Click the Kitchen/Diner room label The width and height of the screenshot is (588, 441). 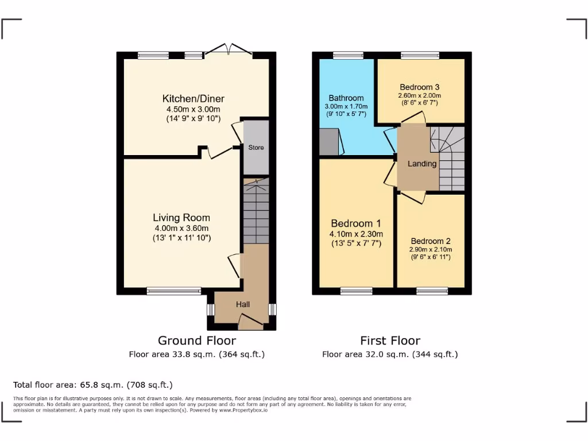coord(193,98)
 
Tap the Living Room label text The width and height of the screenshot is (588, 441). coord(181,218)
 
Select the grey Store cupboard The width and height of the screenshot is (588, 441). coord(256,148)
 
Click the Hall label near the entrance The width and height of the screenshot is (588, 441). coord(242,304)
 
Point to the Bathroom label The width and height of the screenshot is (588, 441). coord(346,98)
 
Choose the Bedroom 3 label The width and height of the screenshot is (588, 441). coord(419,87)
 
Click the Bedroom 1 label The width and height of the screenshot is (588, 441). coord(356,223)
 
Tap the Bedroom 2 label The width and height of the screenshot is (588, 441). coord(430,241)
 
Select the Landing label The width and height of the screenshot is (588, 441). coord(422,164)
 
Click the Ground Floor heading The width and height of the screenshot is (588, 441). coord(196,341)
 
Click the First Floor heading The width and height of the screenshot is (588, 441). coord(390,341)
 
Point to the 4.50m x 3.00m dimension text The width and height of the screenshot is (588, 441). coord(193,109)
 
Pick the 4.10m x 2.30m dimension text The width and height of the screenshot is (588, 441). coord(356,234)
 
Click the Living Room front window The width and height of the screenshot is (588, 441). coord(174,292)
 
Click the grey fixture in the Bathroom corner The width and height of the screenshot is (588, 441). coord(329,142)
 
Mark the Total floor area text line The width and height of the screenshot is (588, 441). coord(93,385)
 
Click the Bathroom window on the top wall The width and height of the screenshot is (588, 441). coord(348,56)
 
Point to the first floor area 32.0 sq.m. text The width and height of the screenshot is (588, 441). coord(390,354)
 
